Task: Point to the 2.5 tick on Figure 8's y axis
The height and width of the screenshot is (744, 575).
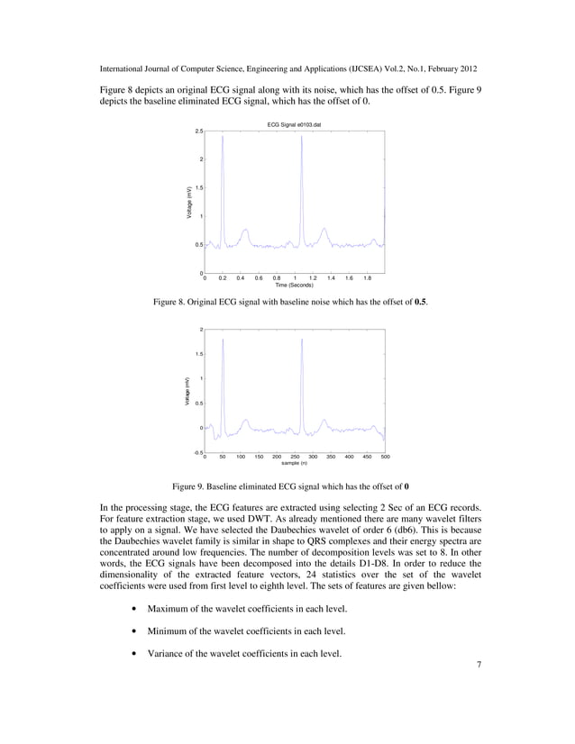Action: coord(198,131)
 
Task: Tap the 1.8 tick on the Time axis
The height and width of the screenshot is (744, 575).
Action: coord(367,277)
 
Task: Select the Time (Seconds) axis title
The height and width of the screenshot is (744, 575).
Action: coord(295,285)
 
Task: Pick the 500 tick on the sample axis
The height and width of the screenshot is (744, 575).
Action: coord(385,457)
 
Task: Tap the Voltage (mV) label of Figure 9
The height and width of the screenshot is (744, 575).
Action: coord(188,391)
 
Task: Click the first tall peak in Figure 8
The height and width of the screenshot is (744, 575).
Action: coord(223,137)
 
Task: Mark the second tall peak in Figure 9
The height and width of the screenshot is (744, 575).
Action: coord(302,340)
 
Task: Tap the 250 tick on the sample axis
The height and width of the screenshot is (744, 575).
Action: coord(295,457)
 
